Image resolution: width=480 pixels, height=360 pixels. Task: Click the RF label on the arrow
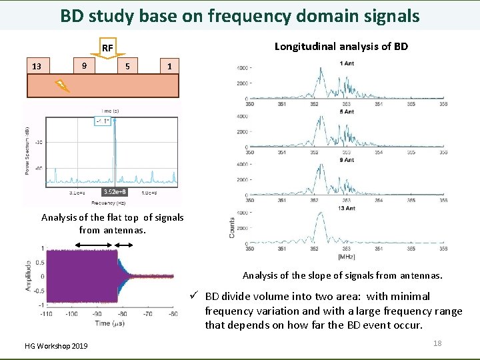point(107,48)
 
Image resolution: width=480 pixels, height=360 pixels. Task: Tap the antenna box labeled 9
point(83,65)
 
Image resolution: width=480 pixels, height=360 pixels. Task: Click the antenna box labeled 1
point(170,66)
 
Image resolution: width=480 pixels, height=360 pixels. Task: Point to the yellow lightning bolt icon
point(61,85)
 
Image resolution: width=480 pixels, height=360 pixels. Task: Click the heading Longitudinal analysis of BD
point(341,46)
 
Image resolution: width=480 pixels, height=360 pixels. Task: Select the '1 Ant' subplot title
point(347,63)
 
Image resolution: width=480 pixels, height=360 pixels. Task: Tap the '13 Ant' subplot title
point(347,208)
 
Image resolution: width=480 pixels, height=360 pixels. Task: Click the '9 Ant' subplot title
point(347,160)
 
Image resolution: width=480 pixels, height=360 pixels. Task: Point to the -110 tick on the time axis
point(47,313)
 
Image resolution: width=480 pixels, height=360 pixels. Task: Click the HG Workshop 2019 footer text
point(56,345)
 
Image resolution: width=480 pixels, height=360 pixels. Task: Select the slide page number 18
point(437,343)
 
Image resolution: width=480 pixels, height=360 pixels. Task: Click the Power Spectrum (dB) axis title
point(29,151)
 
